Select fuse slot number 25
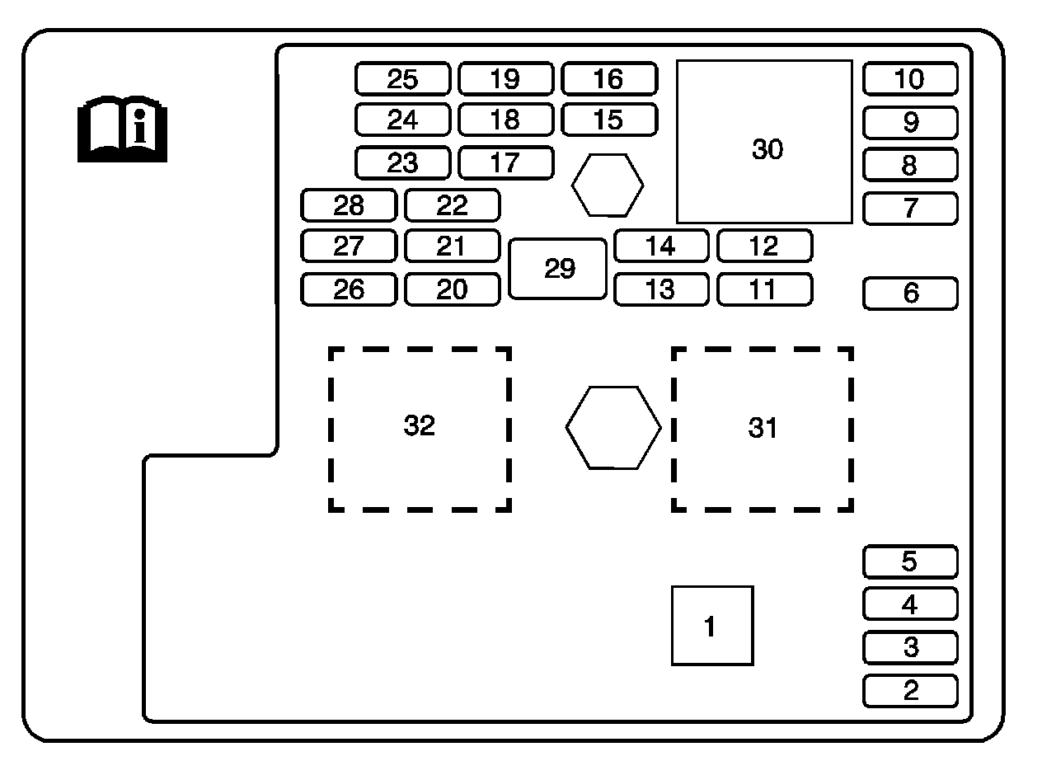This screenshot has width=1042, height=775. tap(403, 79)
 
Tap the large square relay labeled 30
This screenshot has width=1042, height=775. tap(765, 142)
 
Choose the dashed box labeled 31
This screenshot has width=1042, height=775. tap(763, 429)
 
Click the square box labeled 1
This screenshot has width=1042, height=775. tap(712, 626)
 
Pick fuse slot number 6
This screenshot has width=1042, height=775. tap(910, 294)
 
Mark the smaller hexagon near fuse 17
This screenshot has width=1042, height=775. tap(608, 186)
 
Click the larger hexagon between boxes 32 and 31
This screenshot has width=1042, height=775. tap(613, 428)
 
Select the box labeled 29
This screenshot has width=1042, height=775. tap(558, 269)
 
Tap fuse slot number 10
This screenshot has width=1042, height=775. tap(910, 79)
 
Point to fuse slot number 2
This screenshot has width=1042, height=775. tap(910, 691)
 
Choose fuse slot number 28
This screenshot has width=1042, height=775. tap(349, 205)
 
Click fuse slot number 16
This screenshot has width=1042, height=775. tap(609, 79)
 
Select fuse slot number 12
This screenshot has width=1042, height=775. tap(764, 246)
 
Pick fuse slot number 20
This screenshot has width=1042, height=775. tap(452, 289)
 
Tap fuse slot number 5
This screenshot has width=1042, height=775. tap(910, 561)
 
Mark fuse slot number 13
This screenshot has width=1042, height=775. tap(660, 289)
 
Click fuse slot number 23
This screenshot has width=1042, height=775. tap(403, 162)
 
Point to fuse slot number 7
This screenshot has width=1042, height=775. tap(910, 208)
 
